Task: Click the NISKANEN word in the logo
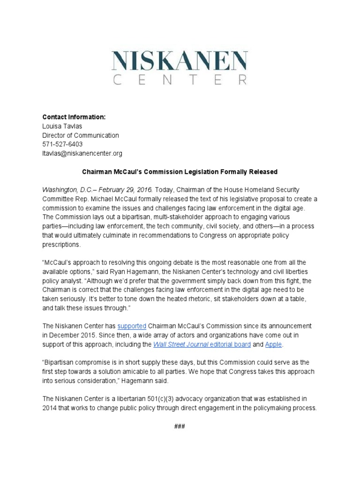pos(180,61)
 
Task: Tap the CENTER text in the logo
pos(180,80)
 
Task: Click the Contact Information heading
pos(74,117)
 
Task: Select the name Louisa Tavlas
pos(62,126)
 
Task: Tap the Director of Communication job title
pos(81,135)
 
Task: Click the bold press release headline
pos(180,172)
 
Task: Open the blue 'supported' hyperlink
pos(132,326)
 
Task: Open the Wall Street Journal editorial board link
pos(202,344)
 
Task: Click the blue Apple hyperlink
pos(274,344)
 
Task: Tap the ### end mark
pos(180,426)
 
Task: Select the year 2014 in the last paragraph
pos(50,408)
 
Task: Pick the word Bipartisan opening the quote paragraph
pos(62,362)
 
